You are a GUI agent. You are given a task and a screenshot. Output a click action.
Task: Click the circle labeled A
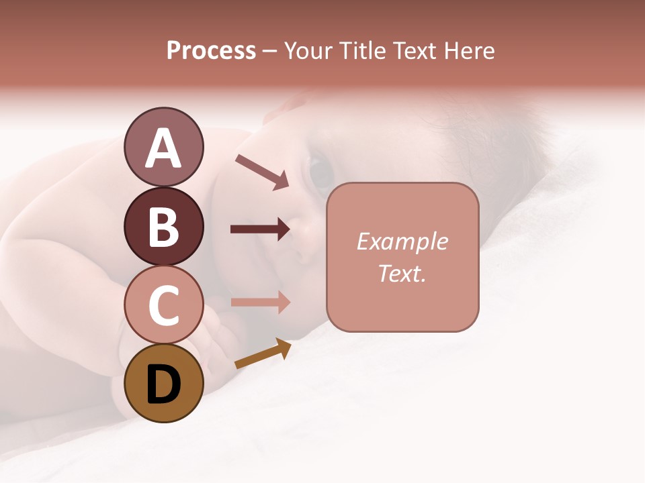(x=163, y=147)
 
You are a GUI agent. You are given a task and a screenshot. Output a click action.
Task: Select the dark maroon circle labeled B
(x=163, y=226)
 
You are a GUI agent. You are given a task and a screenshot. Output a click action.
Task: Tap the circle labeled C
(x=163, y=305)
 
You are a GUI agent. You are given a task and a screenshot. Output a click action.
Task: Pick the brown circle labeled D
(x=163, y=383)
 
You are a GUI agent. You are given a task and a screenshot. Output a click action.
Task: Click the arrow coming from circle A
(x=261, y=172)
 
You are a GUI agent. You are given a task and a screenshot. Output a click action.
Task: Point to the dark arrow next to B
(x=260, y=229)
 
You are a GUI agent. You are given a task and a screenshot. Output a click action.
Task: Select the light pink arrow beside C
(x=260, y=302)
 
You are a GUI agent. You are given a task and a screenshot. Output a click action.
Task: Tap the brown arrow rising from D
(x=263, y=354)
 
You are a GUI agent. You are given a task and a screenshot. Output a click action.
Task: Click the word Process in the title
(x=211, y=51)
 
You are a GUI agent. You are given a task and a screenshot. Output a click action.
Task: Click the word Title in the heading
(x=360, y=51)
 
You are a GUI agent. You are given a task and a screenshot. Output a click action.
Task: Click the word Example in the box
(x=402, y=241)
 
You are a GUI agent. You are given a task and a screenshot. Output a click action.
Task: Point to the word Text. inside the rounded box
(x=402, y=273)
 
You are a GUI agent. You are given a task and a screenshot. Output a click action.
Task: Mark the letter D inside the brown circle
(x=163, y=384)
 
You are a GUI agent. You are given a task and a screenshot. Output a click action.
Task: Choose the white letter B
(x=163, y=227)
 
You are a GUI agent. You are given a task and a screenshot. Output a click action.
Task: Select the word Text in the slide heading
(x=415, y=51)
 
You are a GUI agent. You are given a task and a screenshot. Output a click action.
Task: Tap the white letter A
(x=163, y=148)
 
